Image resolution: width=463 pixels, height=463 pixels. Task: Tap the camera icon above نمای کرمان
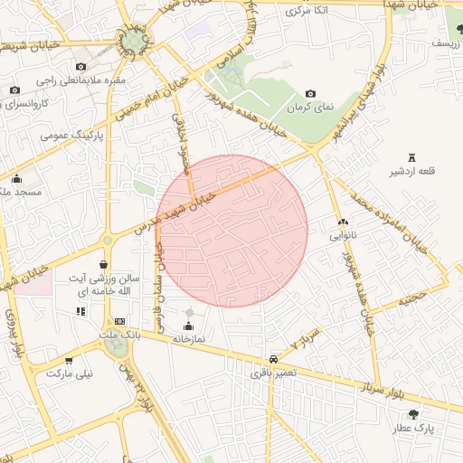(x=311, y=93)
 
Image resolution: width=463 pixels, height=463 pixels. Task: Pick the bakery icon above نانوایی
(x=343, y=222)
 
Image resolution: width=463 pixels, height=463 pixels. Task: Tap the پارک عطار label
(x=415, y=428)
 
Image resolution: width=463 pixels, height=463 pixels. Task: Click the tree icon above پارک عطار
(x=414, y=414)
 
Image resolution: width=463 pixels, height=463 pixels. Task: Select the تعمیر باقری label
(x=273, y=372)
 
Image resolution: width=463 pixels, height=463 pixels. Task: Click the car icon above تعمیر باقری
(x=273, y=358)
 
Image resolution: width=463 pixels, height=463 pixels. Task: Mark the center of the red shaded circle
(x=231, y=231)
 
